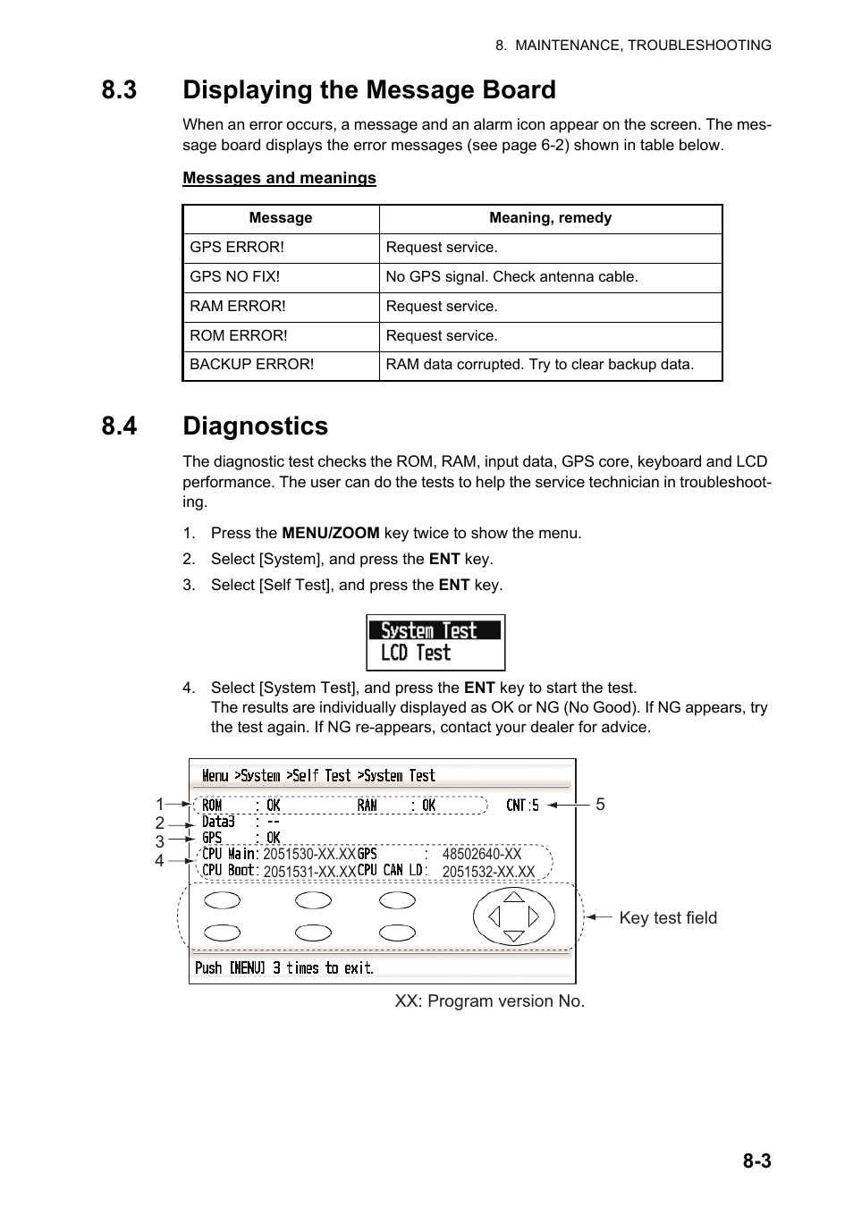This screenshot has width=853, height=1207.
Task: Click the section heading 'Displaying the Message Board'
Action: tap(368, 90)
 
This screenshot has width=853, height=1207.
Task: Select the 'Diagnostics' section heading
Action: tap(255, 426)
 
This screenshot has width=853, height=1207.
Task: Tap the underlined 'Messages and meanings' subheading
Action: tap(279, 178)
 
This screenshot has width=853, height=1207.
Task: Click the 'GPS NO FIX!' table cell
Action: tap(234, 277)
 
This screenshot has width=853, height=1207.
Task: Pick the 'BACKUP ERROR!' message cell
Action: tap(251, 365)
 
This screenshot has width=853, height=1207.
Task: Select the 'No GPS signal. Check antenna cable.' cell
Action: tap(511, 277)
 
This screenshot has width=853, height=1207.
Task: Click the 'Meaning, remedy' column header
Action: tap(550, 218)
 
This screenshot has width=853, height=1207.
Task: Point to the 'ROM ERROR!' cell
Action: tap(239, 336)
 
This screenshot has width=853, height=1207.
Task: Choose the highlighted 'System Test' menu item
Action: tap(429, 630)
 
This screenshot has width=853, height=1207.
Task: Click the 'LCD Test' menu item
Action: tap(416, 654)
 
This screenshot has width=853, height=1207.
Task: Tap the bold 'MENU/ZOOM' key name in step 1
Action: tap(330, 533)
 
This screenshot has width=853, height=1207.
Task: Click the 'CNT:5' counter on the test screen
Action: tap(522, 806)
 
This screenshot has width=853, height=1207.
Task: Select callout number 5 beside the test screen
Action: tap(601, 805)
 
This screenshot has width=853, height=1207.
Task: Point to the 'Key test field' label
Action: tap(667, 918)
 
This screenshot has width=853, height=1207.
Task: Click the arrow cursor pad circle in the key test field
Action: tap(513, 916)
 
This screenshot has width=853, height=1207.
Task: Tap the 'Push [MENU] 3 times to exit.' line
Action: tap(284, 968)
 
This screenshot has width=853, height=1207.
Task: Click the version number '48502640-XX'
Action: tap(481, 854)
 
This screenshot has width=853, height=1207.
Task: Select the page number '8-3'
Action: tap(756, 1161)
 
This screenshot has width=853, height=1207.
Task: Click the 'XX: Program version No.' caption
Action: tap(489, 1001)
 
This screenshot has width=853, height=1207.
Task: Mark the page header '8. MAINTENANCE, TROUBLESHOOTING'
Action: tap(633, 46)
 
